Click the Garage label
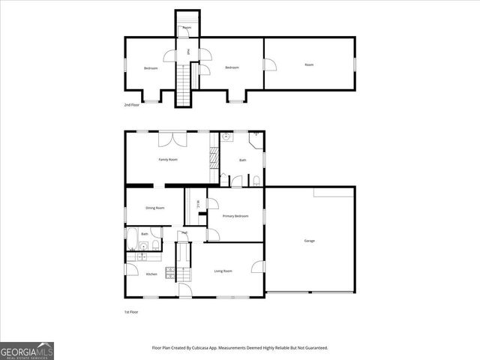(x=309, y=241)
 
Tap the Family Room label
(x=167, y=160)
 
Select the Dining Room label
(x=154, y=208)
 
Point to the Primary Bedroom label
(x=235, y=216)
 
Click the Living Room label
(x=223, y=271)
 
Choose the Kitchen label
(x=151, y=274)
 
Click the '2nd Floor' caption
(x=132, y=105)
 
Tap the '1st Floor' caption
(x=131, y=311)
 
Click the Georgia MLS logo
(x=27, y=350)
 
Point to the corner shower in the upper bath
(x=256, y=137)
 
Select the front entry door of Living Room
(x=184, y=291)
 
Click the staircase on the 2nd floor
(x=184, y=82)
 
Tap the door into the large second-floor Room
(x=269, y=65)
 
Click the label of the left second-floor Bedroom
(x=151, y=68)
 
